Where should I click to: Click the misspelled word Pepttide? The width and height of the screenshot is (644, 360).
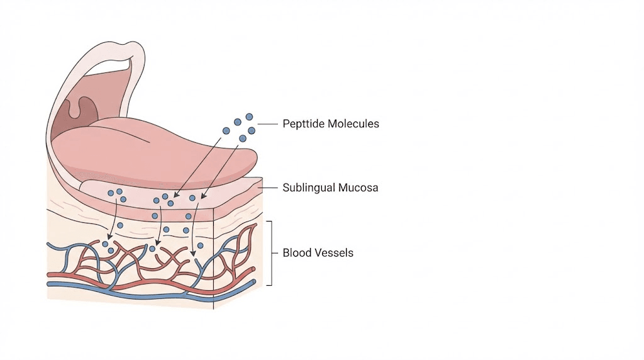(x=303, y=124)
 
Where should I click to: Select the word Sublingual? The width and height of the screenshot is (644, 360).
(x=309, y=188)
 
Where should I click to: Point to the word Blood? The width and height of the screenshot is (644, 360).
(x=296, y=253)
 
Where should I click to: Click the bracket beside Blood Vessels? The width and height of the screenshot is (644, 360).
(x=271, y=253)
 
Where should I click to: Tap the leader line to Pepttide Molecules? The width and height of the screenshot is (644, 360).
(x=268, y=124)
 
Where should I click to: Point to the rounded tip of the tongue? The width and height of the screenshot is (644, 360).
(x=248, y=160)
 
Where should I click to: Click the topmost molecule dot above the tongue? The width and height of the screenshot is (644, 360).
(x=249, y=116)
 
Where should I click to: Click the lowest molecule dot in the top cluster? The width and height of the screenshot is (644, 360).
(x=242, y=138)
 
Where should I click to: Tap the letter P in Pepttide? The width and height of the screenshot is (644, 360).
(x=286, y=124)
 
